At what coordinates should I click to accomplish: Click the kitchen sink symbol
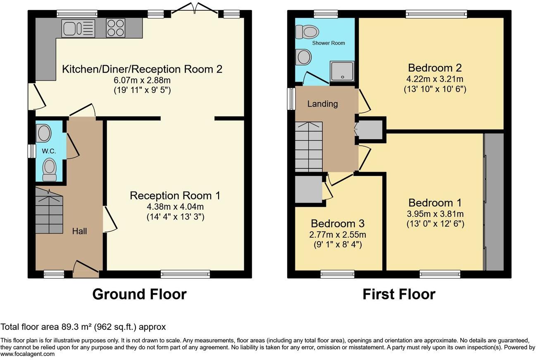click(79, 28)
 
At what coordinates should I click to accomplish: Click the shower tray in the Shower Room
click(342, 71)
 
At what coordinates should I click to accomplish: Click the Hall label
click(79, 231)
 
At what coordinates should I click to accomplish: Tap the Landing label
click(322, 104)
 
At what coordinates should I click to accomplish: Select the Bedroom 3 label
click(338, 224)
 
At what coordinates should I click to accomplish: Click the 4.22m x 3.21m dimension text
click(434, 79)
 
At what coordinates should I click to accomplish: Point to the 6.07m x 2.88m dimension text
click(142, 80)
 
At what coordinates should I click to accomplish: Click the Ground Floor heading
click(139, 294)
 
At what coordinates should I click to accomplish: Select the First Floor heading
click(399, 294)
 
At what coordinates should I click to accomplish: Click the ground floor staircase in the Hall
click(49, 211)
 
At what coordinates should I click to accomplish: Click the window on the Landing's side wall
click(291, 98)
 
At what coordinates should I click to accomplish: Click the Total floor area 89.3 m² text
click(83, 327)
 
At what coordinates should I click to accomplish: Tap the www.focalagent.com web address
click(27, 354)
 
